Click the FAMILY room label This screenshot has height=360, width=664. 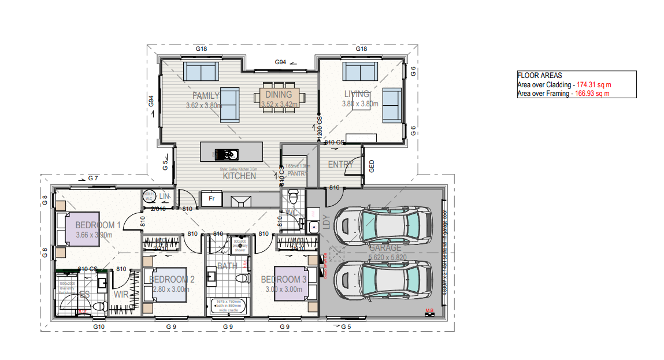coord(206,96)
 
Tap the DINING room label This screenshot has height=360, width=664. coord(279,95)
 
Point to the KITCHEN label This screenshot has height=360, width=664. coord(239,176)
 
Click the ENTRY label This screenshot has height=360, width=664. coord(340,165)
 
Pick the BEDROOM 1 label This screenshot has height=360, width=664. coord(98,225)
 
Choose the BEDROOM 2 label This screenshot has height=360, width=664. coord(171,280)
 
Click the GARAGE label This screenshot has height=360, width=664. coord(385,248)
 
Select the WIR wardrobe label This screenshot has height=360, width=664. coord(121,294)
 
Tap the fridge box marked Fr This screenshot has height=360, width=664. coord(211,199)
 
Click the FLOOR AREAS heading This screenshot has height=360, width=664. coord(539,76)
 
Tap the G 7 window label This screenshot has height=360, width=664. coord(94,178)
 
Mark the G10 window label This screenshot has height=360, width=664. coord(99,327)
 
